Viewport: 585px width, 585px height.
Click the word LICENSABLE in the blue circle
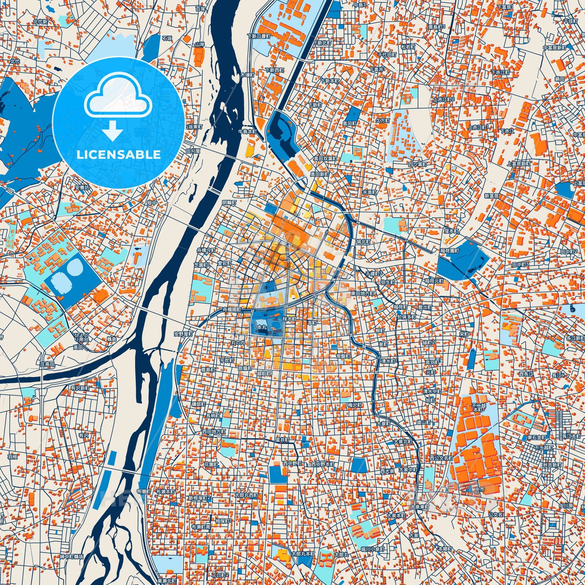pos(118,155)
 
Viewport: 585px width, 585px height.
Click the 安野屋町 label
pos(183,334)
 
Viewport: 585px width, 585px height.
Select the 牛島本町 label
pos(247,132)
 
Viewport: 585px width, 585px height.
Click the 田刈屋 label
pos(193,151)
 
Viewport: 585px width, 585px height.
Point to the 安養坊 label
pos(82,187)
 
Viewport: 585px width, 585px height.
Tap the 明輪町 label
pos(229,202)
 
